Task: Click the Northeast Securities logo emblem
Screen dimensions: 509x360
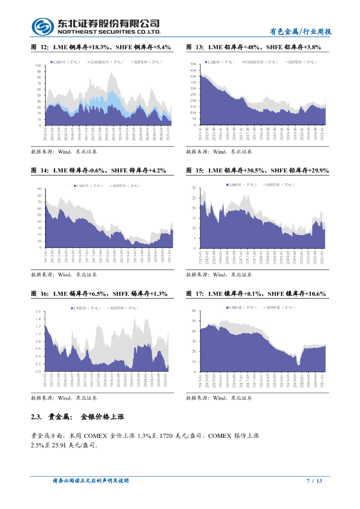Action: point(42,26)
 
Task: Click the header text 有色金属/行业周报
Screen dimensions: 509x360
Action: point(300,31)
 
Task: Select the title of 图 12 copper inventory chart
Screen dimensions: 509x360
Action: point(101,47)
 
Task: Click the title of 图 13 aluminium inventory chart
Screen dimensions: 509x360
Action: point(254,47)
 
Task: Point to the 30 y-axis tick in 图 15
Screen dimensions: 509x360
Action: point(194,188)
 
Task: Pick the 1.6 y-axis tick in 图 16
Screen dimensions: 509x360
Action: point(38,312)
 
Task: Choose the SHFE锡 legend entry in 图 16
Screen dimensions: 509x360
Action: point(121,308)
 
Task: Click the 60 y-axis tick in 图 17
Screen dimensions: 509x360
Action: point(194,311)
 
